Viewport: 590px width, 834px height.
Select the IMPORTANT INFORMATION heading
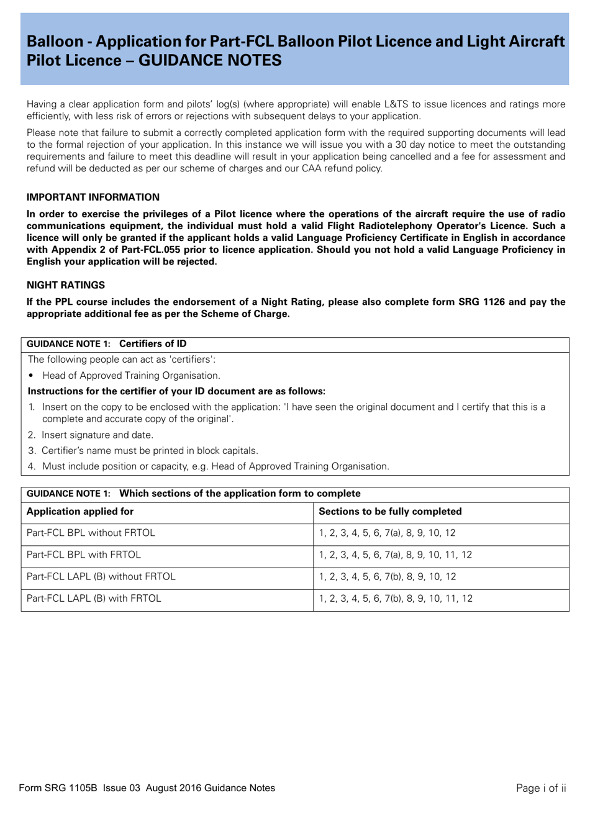pyautogui.click(x=93, y=197)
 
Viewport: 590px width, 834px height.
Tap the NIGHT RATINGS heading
pyautogui.click(x=66, y=286)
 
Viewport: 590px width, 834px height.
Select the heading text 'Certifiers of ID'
pyautogui.click(x=153, y=344)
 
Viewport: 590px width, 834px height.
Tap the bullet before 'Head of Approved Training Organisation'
pyautogui.click(x=31, y=376)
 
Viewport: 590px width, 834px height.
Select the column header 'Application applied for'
pyautogui.click(x=80, y=512)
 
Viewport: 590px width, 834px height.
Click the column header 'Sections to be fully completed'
pyautogui.click(x=390, y=512)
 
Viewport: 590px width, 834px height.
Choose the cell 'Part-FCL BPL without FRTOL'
pyautogui.click(x=91, y=533)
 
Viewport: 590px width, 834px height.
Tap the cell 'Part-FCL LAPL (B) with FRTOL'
pyautogui.click(x=94, y=599)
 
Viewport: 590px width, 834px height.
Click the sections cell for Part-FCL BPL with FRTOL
pyautogui.click(x=395, y=555)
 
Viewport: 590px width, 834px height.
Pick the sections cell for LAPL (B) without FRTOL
pyautogui.click(x=388, y=577)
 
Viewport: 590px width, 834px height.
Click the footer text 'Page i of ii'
pyautogui.click(x=541, y=789)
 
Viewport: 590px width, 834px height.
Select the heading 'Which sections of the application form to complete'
pyautogui.click(x=240, y=494)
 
